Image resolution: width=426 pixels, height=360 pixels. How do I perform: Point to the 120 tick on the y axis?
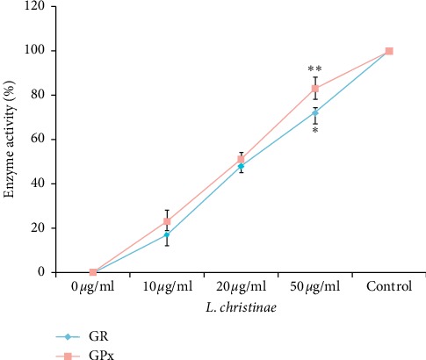point(36,7)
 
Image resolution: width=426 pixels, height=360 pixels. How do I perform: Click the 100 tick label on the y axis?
point(36,51)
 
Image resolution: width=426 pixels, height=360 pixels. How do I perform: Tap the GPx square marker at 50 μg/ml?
point(315,88)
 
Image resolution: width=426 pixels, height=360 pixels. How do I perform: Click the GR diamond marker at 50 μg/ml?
point(315,112)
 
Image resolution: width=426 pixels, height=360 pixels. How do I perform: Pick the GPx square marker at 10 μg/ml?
point(167,221)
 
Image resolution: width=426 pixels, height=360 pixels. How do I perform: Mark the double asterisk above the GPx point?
point(314,69)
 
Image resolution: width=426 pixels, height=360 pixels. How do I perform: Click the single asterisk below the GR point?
point(314,131)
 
